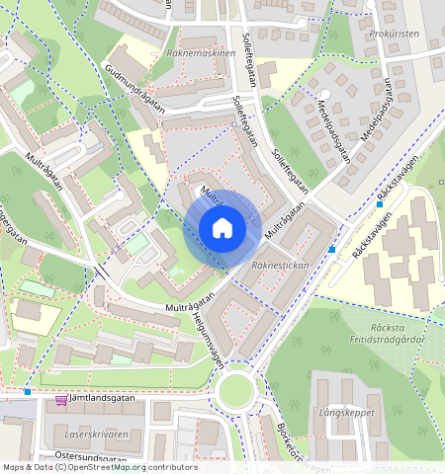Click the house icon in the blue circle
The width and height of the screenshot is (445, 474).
point(222,229)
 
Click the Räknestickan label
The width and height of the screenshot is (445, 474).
point(280,267)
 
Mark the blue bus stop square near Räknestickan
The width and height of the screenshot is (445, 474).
point(333,249)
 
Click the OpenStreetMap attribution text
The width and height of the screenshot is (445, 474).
point(100,467)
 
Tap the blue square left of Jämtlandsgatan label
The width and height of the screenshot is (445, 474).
point(27,392)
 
